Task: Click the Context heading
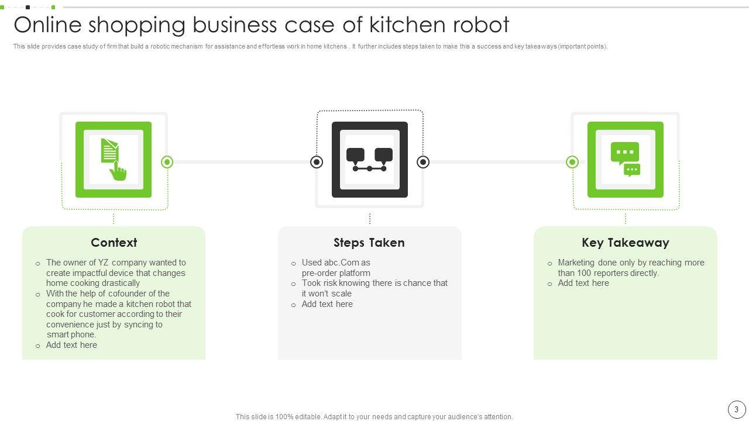click(x=114, y=243)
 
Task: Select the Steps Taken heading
click(x=369, y=243)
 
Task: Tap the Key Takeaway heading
click(x=625, y=243)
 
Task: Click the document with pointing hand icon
click(x=114, y=159)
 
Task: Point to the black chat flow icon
click(x=369, y=159)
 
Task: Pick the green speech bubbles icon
click(x=625, y=159)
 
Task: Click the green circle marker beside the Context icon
click(x=167, y=162)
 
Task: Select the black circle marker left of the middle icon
click(x=317, y=162)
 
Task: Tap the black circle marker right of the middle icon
click(x=423, y=162)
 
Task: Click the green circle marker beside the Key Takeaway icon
click(x=572, y=162)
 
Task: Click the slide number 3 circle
click(x=736, y=409)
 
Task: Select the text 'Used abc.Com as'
click(x=336, y=263)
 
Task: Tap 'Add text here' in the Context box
click(x=71, y=345)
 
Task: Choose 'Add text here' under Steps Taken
click(x=327, y=304)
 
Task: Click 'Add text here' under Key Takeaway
click(x=583, y=283)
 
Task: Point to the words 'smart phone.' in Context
click(x=71, y=334)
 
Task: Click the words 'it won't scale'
click(x=327, y=294)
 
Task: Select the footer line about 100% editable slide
click(x=374, y=417)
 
